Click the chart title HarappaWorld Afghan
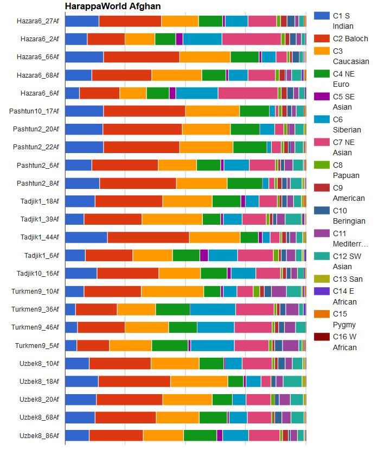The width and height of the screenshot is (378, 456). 112,6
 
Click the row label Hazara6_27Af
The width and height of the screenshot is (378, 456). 38,21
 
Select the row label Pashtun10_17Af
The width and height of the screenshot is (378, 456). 34,111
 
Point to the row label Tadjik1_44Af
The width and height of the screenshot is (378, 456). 40,237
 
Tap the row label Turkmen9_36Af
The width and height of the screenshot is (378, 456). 35,309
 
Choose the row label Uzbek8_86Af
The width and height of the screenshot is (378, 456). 39,435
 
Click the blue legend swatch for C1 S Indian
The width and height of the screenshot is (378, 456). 322,16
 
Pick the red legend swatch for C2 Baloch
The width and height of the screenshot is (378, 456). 322,39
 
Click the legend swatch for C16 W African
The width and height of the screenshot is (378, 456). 322,337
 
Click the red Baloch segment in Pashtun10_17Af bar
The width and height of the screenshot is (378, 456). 144,111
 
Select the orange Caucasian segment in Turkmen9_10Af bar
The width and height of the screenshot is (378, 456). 172,291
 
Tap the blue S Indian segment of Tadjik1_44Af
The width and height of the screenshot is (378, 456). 86,237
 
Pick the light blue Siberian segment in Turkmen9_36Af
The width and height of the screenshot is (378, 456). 212,309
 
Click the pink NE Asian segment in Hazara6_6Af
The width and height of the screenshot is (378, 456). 248,93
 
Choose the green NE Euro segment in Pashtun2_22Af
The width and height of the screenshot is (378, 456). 249,147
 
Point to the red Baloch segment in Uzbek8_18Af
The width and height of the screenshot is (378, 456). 134,381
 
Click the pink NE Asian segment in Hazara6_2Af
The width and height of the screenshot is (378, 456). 251,39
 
